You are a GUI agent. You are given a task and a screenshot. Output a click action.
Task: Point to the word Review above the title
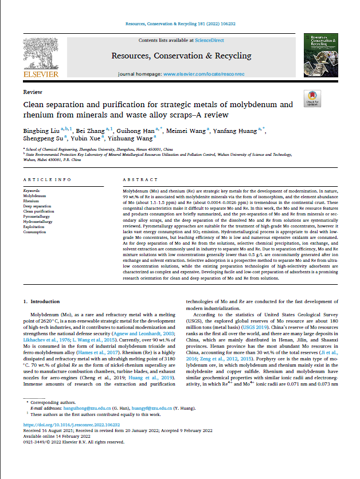pyautogui.click(x=32, y=92)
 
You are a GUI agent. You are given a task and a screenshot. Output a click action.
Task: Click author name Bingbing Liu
pyautogui.click(x=42, y=131)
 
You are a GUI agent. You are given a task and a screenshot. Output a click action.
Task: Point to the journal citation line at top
pyautogui.click(x=179, y=24)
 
